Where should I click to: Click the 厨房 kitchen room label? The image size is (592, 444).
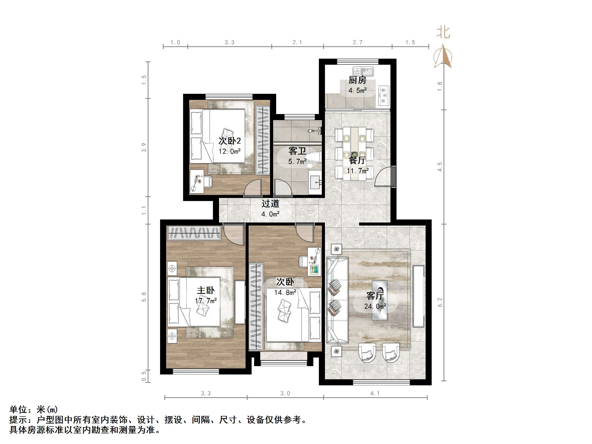[x=357, y=80]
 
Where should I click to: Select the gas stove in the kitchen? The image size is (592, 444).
[x=384, y=95]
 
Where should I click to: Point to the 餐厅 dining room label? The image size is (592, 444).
[x=357, y=161]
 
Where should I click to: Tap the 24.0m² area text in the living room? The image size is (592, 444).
[x=375, y=306]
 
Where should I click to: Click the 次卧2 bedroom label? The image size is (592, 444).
[x=229, y=141]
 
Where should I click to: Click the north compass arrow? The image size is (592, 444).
[x=443, y=56]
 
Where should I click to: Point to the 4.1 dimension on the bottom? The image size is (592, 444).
[x=375, y=393]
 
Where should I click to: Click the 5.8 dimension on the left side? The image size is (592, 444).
[x=144, y=297]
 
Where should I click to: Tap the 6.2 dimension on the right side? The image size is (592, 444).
[x=440, y=302]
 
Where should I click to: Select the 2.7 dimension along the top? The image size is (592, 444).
[x=357, y=42]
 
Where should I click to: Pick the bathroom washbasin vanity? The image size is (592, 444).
[x=315, y=182]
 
